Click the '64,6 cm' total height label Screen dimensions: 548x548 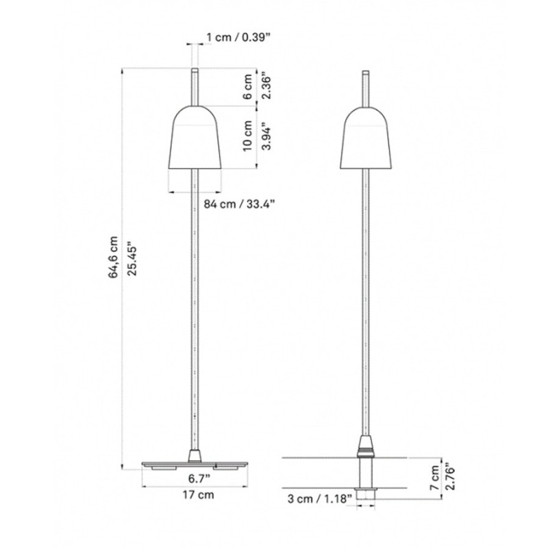point(114,257)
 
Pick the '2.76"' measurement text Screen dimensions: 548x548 point(450,473)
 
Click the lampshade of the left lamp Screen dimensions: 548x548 point(197,137)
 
